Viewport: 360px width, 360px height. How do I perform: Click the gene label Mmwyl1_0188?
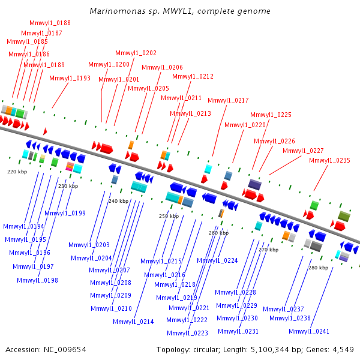click(50, 23)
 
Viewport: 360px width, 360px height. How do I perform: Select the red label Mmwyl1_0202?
click(136, 53)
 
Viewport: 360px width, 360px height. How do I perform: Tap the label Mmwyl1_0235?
click(329, 160)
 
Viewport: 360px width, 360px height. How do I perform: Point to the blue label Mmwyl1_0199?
click(65, 213)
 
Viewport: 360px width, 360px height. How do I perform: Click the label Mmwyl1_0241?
click(309, 331)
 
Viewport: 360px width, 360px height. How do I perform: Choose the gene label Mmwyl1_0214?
click(133, 322)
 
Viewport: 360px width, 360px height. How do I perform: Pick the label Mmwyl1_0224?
click(217, 260)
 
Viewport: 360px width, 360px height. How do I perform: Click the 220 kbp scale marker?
click(17, 172)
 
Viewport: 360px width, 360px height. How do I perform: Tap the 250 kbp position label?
click(169, 216)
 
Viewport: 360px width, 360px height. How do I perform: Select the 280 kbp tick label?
click(318, 268)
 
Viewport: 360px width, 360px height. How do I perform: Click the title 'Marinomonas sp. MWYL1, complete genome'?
click(180, 11)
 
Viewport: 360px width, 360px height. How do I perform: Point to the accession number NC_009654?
click(65, 350)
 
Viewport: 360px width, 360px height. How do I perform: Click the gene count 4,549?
click(343, 350)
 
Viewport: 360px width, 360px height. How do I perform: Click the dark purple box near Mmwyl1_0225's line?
click(254, 185)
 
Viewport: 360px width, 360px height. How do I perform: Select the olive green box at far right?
click(344, 216)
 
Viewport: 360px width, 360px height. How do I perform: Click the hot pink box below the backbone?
click(69, 169)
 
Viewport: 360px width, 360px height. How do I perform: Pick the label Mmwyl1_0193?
click(70, 78)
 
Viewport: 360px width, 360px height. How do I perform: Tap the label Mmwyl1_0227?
click(303, 151)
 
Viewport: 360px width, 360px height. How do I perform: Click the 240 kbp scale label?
click(118, 201)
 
